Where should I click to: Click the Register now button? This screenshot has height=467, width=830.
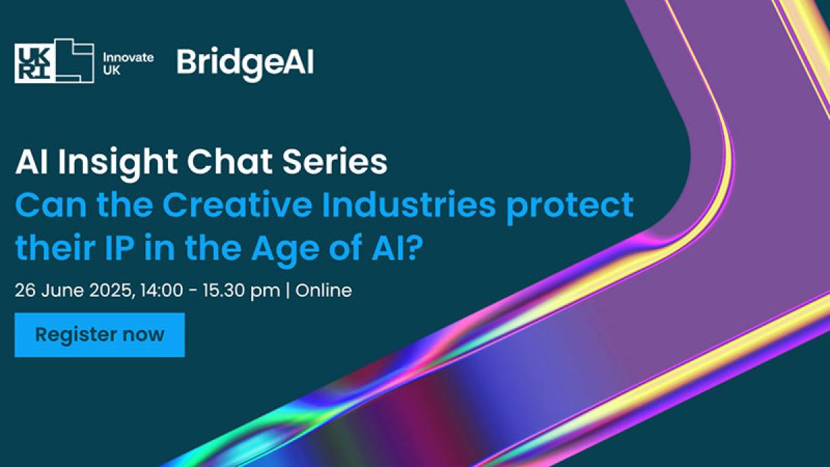(100, 335)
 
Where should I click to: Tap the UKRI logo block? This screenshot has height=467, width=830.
(54, 61)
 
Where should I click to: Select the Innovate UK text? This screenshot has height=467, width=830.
(128, 64)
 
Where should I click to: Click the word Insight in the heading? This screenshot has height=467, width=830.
(117, 163)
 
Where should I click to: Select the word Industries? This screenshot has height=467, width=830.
(409, 205)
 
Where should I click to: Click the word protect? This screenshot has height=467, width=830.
(570, 208)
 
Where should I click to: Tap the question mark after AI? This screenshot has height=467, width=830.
(414, 248)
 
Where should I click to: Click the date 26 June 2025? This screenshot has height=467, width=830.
(73, 290)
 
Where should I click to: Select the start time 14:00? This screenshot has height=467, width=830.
(162, 290)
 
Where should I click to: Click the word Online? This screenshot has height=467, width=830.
(324, 290)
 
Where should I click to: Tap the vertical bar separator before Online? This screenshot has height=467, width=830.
(288, 291)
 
